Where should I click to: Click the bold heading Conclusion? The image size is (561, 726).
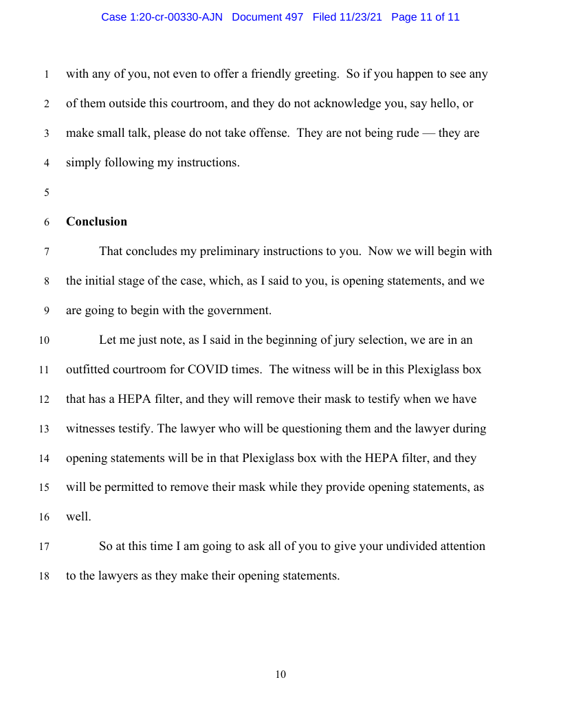pyautogui.click(x=96, y=221)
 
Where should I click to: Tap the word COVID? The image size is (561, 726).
pyautogui.click(x=210, y=369)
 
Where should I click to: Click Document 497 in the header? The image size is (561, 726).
pyautogui.click(x=267, y=17)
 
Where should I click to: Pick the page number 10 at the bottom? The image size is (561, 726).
pyautogui.click(x=280, y=674)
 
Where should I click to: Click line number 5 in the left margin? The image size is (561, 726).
pyautogui.click(x=47, y=193)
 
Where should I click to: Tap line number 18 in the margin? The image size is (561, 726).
pyautogui.click(x=45, y=577)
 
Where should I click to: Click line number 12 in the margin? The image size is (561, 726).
pyautogui.click(x=45, y=399)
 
